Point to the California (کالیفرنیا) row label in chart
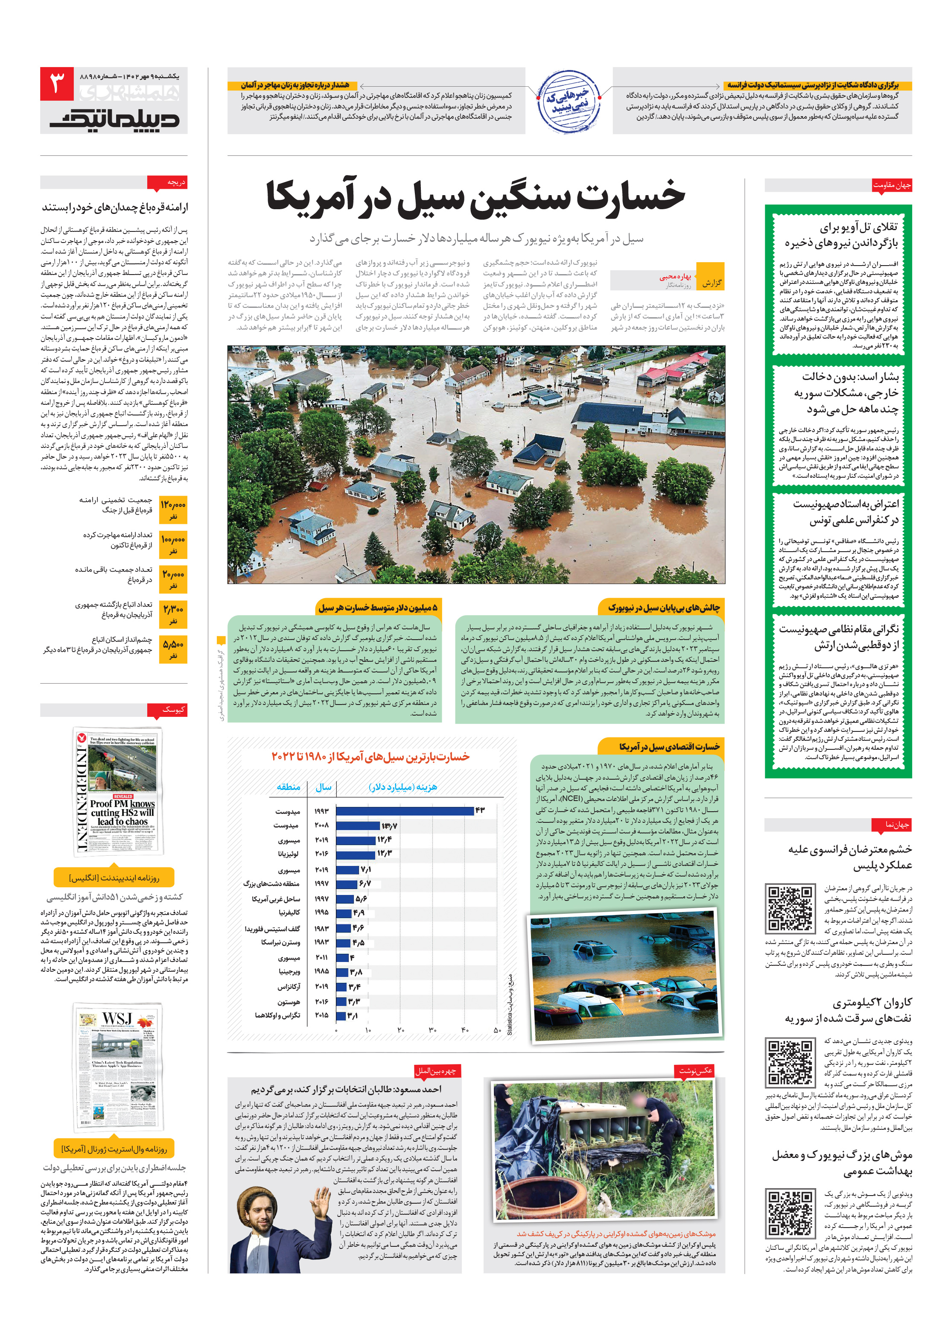pyautogui.click(x=289, y=912)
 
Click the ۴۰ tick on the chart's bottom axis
pyautogui.click(x=464, y=1029)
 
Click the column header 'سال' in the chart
pyautogui.click(x=323, y=787)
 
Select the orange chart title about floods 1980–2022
pyautogui.click(x=370, y=756)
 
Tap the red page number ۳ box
pyautogui.click(x=57, y=84)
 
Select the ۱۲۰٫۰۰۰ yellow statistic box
pyautogui.click(x=173, y=509)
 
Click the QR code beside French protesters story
pyautogui.click(x=790, y=907)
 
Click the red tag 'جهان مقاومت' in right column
pyautogui.click(x=891, y=185)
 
